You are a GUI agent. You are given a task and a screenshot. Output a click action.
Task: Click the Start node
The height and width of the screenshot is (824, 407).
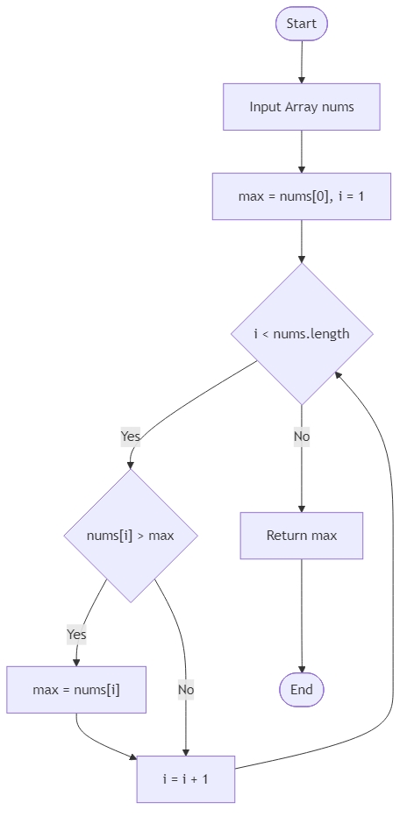301,24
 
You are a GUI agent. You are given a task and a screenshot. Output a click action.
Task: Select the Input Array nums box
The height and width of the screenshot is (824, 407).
301,107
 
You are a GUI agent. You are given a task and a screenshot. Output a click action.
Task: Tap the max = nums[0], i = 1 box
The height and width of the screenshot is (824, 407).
301,196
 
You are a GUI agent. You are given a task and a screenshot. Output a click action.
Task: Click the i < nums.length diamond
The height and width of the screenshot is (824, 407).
301,333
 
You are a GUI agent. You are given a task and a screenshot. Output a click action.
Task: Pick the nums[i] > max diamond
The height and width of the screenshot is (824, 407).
131,536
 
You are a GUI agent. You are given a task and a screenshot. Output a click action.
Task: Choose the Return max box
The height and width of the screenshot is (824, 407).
301,536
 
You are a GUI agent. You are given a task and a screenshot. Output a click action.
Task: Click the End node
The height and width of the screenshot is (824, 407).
301,690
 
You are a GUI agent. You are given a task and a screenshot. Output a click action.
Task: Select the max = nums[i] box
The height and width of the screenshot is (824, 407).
76,690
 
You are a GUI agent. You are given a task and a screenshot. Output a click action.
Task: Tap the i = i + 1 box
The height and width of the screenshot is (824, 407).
185,778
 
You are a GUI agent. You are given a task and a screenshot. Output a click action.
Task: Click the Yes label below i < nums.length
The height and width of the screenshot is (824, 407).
130,436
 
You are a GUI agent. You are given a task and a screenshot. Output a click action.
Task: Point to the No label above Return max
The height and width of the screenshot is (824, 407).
301,436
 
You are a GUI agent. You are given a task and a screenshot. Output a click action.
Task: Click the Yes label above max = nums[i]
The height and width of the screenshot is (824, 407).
76,633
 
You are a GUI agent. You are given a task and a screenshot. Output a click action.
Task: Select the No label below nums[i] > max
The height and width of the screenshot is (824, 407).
185,690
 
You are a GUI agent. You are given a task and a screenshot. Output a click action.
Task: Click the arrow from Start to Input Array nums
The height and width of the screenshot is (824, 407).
301,61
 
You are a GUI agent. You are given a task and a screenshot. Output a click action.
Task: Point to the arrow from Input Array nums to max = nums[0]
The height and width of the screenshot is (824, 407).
301,151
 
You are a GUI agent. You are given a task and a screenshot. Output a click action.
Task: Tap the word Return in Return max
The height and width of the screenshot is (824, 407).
287,536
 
